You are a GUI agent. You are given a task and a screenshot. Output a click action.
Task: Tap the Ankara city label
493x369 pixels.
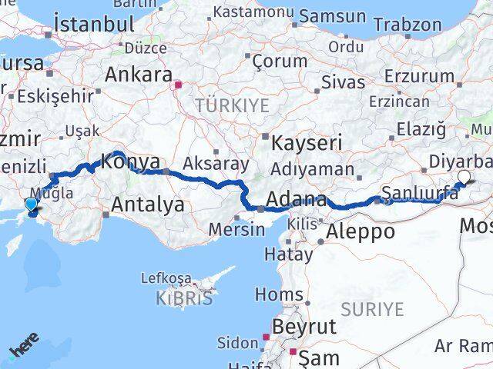coord(138,75)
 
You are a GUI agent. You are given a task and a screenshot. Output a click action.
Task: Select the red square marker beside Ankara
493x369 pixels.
coord(178,85)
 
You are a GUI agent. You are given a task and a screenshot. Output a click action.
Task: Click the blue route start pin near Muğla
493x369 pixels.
coord(30,204)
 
